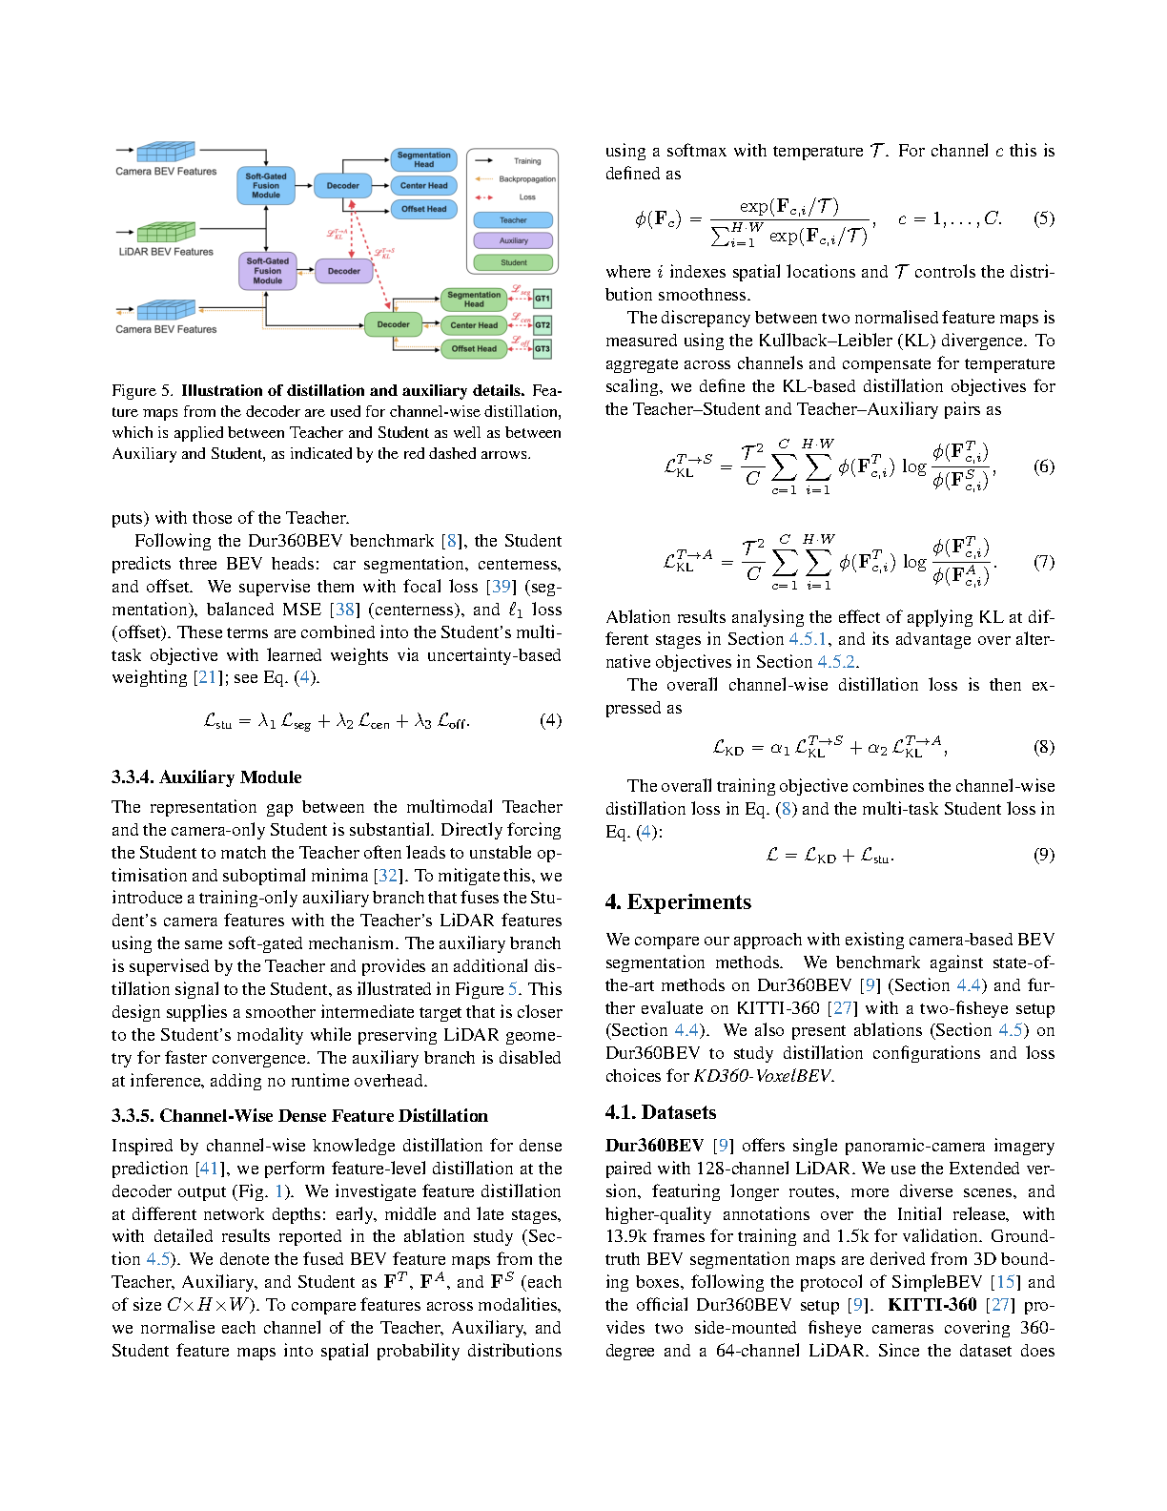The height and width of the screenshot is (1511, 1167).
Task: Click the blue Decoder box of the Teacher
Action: pos(342,186)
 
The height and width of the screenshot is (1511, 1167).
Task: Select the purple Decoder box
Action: pos(343,271)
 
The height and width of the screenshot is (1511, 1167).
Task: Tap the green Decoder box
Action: pos(393,324)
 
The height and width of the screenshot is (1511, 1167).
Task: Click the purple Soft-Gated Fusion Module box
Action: pos(267,271)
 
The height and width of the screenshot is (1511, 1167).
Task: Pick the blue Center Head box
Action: pos(423,186)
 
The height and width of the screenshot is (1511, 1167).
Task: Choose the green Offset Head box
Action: pos(474,349)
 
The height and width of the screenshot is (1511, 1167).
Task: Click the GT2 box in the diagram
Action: pos(543,325)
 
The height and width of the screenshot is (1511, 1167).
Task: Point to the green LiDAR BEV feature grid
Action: pos(166,232)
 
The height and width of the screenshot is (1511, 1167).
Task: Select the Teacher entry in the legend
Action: pos(513,220)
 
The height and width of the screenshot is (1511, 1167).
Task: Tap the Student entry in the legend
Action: pos(513,262)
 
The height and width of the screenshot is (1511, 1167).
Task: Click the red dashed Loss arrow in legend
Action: pos(484,197)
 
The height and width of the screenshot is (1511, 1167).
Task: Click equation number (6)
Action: pos(1044,466)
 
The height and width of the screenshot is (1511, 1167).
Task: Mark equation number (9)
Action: pos(1044,855)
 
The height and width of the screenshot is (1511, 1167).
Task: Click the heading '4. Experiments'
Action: pos(678,902)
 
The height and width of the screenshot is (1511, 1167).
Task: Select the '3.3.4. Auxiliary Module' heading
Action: pos(206,777)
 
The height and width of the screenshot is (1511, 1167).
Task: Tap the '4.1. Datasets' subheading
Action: pos(660,1112)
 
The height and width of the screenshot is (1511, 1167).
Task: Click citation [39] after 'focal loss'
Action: pos(502,587)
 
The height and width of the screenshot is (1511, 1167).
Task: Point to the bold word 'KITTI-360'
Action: pos(932,1305)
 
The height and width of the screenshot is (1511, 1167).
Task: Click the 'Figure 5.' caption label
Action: pos(142,390)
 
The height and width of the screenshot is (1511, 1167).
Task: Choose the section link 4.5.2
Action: pos(837,662)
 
